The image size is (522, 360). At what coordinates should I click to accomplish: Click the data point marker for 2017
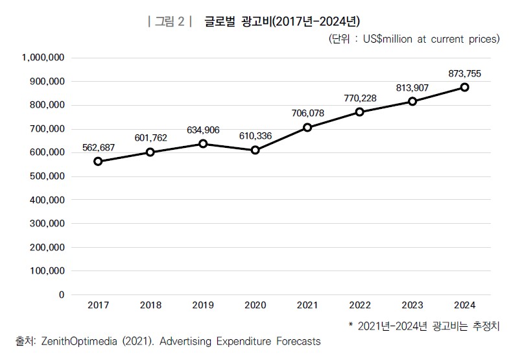point(97,162)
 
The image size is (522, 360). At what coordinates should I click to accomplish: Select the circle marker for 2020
point(255,150)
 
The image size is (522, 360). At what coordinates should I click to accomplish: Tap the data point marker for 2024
point(465,87)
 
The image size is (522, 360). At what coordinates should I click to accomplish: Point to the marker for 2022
point(360,112)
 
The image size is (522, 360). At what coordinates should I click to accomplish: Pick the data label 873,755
point(464,74)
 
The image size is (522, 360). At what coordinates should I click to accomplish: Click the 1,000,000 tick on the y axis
point(43,58)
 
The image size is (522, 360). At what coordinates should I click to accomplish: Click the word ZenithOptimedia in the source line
point(82,341)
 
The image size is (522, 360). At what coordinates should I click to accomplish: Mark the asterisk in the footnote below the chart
point(351,325)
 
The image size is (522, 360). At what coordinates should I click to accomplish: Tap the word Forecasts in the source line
point(296,341)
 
